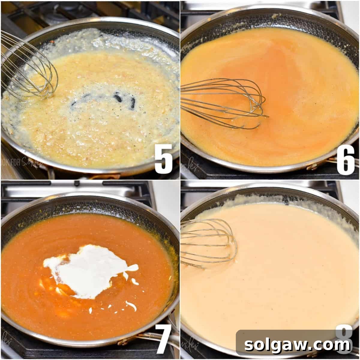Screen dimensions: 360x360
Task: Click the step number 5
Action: (163, 158)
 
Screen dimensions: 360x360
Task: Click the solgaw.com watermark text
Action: (297, 345)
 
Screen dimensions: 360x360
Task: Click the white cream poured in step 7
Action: (87, 270)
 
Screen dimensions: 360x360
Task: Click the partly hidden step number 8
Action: (343, 331)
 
